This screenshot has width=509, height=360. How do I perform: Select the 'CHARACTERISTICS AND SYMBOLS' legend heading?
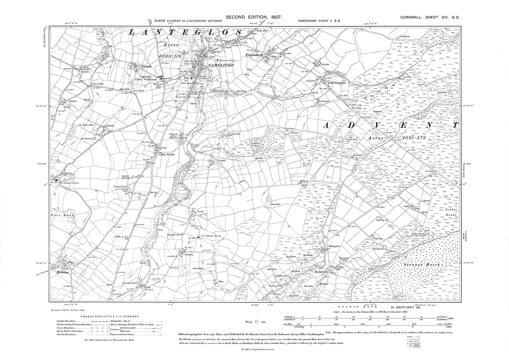[110, 317]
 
